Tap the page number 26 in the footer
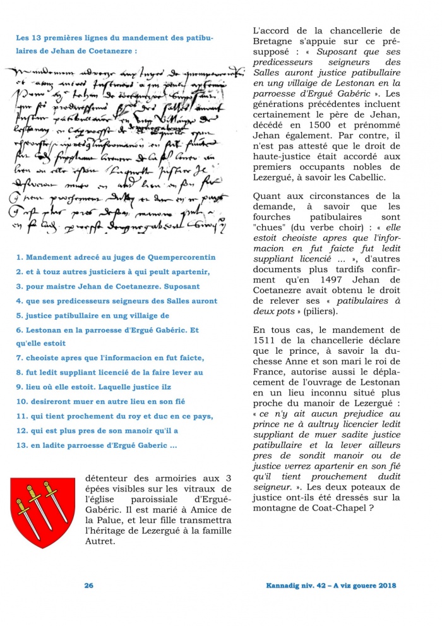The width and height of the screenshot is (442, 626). click(x=89, y=586)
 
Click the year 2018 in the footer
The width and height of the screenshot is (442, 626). click(x=384, y=586)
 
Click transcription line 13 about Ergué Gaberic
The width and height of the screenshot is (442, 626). click(x=96, y=445)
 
